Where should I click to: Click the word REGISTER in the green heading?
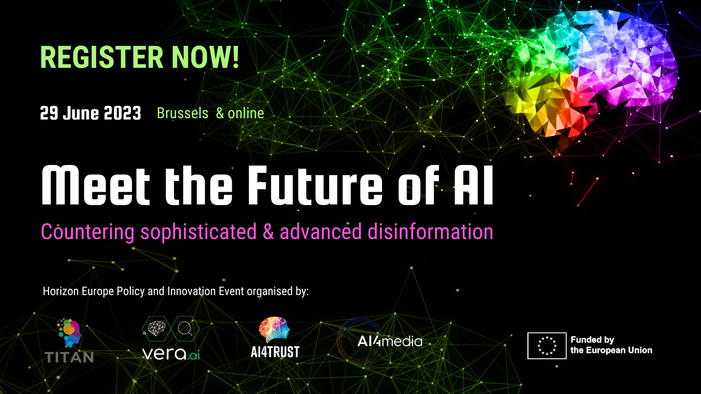102,57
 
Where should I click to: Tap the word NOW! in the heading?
205,57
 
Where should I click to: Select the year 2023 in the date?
122,113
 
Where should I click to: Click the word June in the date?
81,113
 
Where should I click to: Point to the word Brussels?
182,113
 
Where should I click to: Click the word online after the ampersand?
246,113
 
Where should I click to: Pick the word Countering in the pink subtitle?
88,232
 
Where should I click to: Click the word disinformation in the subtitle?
430,232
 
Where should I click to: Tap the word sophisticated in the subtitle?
199,232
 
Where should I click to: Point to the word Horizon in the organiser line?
61,291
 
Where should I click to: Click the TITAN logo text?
69,357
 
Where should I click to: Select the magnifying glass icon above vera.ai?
185,329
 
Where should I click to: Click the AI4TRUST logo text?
275,352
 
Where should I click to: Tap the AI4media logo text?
389,341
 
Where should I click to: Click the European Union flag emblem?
547,345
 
